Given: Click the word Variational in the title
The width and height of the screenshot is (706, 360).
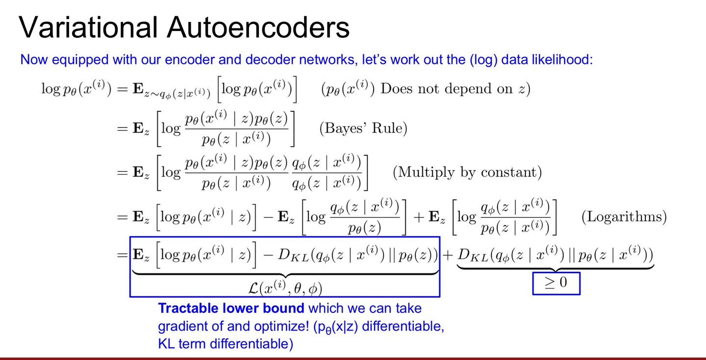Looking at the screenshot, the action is tap(88, 27).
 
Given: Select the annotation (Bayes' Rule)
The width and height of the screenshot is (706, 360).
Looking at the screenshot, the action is tap(363, 129).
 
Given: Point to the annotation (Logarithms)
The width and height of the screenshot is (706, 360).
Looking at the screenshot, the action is tap(624, 217).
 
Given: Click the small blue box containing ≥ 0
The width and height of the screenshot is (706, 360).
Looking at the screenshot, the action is tap(556, 283).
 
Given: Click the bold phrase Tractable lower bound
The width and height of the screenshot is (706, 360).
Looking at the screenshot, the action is tap(231, 309).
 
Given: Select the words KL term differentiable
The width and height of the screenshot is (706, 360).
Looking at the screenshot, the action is tap(226, 344).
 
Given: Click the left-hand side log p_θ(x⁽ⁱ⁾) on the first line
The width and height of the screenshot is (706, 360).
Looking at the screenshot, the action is tap(76, 89).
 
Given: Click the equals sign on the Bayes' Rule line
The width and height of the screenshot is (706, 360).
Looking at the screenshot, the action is tap(122, 129).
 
